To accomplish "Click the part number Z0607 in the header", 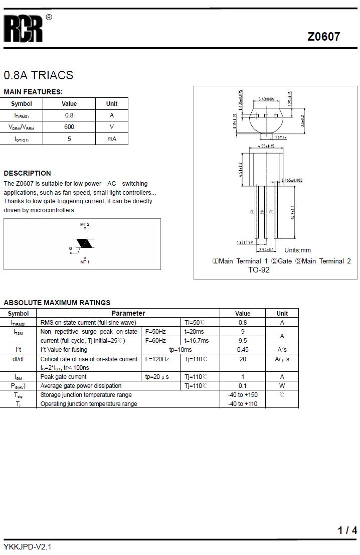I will pyautogui.click(x=323, y=37).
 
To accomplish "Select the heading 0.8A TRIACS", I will pyautogui.click(x=39, y=75).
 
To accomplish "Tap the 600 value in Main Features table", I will pyautogui.click(x=69, y=127).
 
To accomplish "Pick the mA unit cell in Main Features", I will pyautogui.click(x=112, y=139).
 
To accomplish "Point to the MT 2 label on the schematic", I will pyautogui.click(x=85, y=224).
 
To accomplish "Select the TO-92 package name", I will pyautogui.click(x=259, y=270).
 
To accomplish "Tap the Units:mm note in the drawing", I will pyautogui.click(x=297, y=250).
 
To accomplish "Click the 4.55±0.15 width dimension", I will pyautogui.click(x=266, y=146).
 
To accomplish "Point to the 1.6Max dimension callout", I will pyautogui.click(x=280, y=137).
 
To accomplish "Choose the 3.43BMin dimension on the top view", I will pyautogui.click(x=266, y=99).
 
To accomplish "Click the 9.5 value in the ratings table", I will pyautogui.click(x=243, y=341).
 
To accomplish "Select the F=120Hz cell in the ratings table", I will pyautogui.click(x=157, y=359).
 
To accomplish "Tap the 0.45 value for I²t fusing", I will pyautogui.click(x=243, y=350).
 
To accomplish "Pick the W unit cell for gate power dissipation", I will pyautogui.click(x=282, y=386).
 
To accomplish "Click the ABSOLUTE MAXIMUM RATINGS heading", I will pyautogui.click(x=57, y=303).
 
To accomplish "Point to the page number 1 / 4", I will pyautogui.click(x=347, y=530).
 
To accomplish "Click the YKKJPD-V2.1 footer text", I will pyautogui.click(x=28, y=546).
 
